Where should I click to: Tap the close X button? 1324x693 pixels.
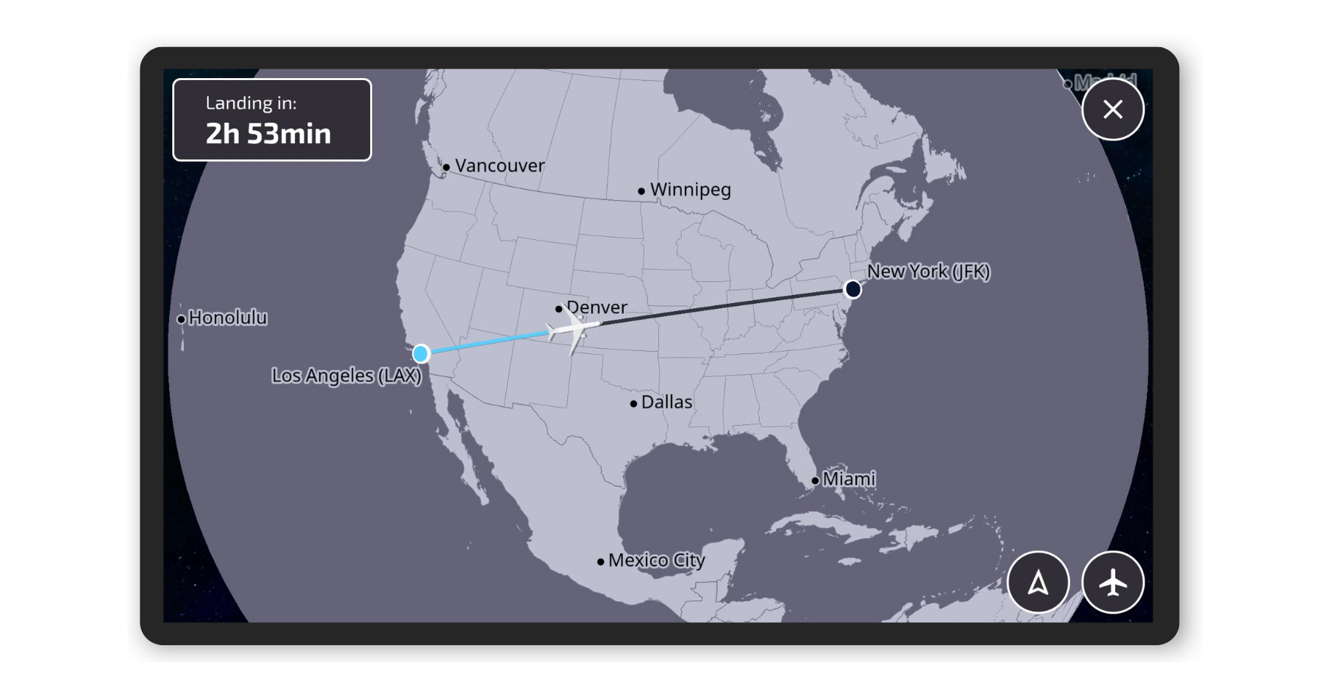1112,110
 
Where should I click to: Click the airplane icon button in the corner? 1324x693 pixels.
1112,583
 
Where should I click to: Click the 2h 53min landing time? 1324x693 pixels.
268,134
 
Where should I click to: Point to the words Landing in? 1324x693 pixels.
251,103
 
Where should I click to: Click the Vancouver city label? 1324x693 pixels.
499,166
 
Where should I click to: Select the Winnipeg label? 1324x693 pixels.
690,190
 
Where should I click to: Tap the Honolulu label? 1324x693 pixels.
227,318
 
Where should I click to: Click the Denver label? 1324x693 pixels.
597,307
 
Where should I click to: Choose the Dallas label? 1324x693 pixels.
666,402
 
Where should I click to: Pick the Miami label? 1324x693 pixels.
848,479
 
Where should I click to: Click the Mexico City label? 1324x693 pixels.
656,561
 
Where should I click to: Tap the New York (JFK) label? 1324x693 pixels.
928,271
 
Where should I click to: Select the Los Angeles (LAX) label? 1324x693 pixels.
346,376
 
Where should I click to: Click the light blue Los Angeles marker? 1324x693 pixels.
421,354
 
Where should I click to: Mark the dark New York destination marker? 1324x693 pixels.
853,289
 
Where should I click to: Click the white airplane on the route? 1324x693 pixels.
572,330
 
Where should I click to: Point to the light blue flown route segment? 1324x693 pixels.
485,343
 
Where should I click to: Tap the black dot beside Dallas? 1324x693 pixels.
633,403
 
